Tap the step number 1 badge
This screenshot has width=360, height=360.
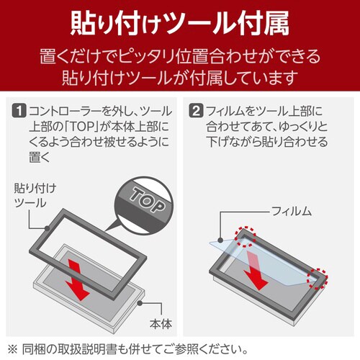(x=20, y=112)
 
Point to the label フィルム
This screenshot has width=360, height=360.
(x=292, y=210)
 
